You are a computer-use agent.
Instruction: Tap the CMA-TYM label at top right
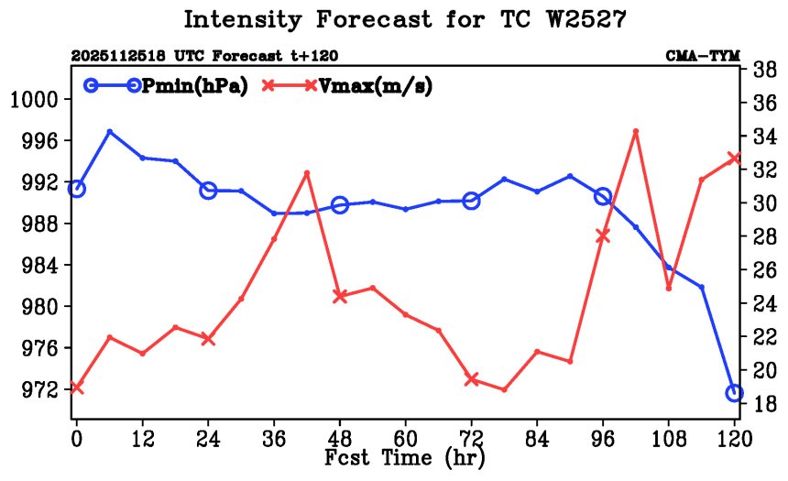pyautogui.click(x=703, y=56)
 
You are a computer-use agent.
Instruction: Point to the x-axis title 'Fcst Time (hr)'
pyautogui.click(x=404, y=456)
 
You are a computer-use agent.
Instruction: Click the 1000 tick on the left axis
pyautogui.click(x=35, y=99)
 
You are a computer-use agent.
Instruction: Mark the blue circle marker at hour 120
pyautogui.click(x=734, y=393)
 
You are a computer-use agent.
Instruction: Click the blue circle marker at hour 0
pyautogui.click(x=76, y=189)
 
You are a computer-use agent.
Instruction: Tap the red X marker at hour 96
pyautogui.click(x=603, y=236)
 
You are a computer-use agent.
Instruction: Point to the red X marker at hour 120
pyautogui.click(x=734, y=158)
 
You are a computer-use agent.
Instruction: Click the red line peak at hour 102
pyautogui.click(x=636, y=132)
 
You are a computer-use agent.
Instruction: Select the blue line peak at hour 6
pyautogui.click(x=110, y=132)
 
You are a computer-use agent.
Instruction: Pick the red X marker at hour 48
pyautogui.click(x=340, y=296)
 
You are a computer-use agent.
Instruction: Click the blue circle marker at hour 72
pyautogui.click(x=471, y=201)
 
